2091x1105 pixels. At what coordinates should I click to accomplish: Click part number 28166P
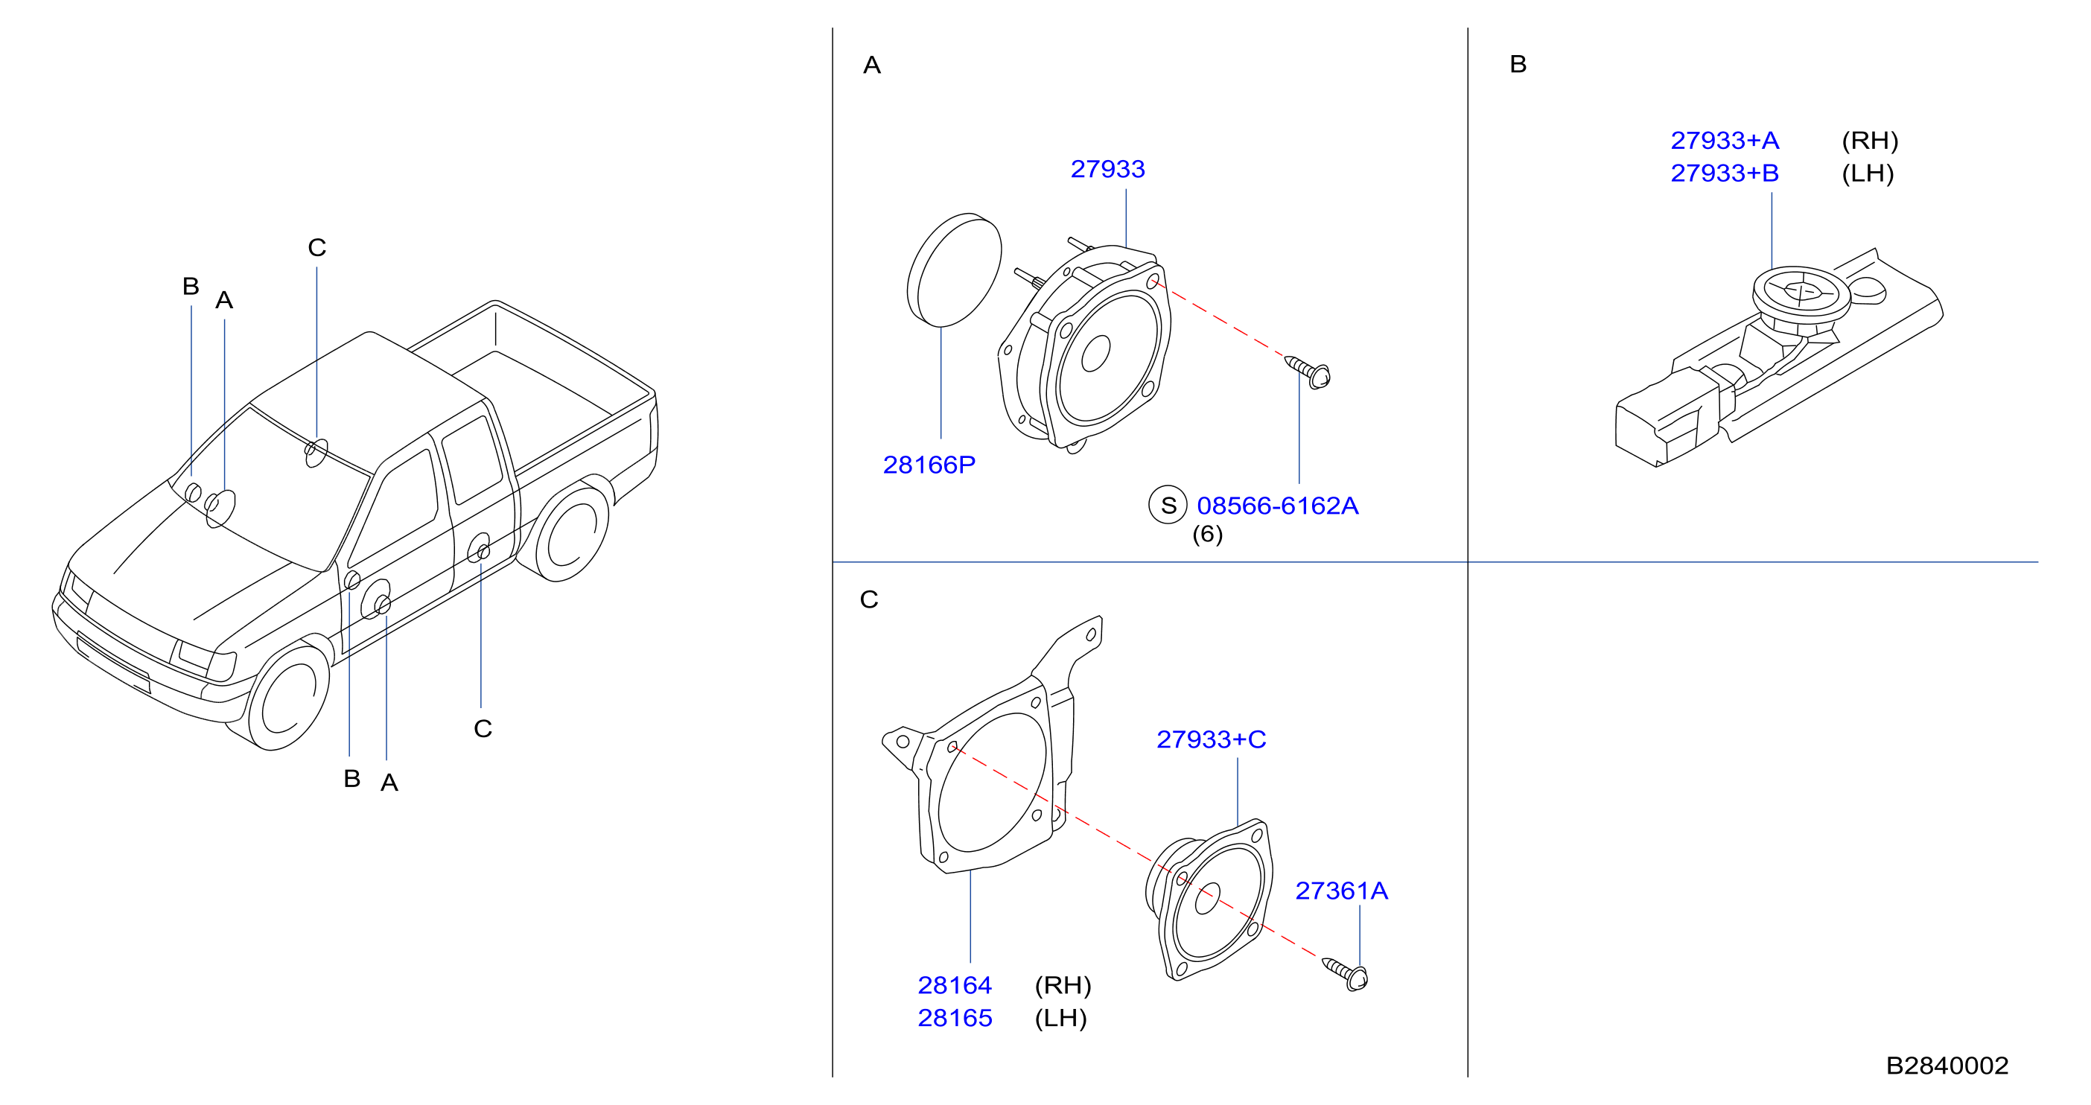[929, 465]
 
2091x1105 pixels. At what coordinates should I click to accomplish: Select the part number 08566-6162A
[1277, 506]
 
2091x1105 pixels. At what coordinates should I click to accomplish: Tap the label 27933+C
[1211, 739]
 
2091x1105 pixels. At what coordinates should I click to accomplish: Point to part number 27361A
[1341, 891]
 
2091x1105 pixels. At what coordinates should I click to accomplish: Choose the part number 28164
[955, 985]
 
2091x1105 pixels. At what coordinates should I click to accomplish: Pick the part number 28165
[955, 1018]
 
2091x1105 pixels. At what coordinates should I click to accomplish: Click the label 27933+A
[1725, 141]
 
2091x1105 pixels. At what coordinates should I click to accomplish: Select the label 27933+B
[1725, 173]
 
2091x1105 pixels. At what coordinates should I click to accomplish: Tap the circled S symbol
[1168, 505]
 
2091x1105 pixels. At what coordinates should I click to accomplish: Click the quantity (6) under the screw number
[1207, 534]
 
